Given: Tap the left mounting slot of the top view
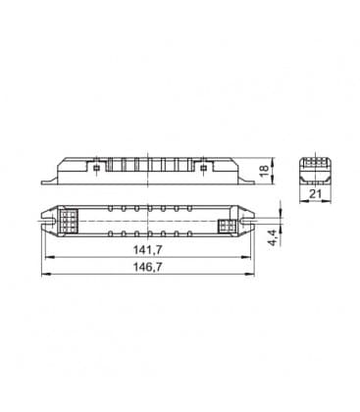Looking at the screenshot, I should point(47,221).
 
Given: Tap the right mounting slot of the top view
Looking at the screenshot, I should point(247,221).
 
